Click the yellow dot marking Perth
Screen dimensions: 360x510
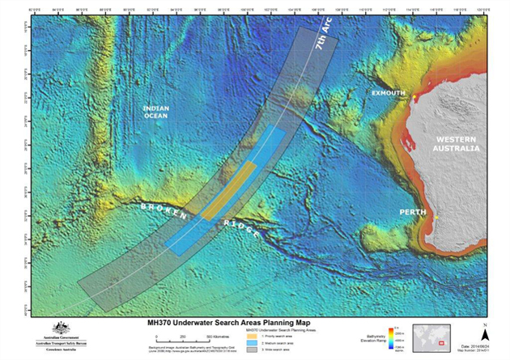436,218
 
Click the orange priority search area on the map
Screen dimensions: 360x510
231,191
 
